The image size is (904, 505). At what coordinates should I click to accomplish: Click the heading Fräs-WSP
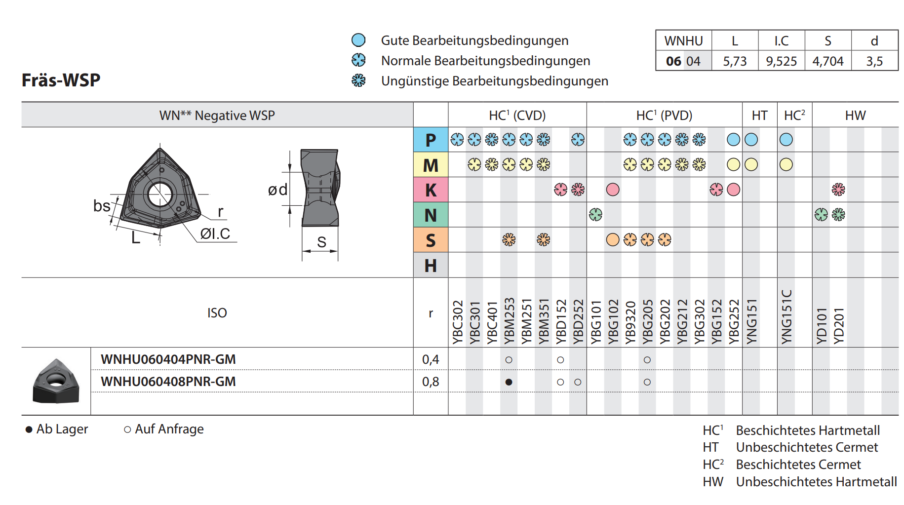click(61, 80)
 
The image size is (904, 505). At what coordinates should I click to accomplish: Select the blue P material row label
click(431, 140)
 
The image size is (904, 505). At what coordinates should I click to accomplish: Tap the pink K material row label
click(431, 190)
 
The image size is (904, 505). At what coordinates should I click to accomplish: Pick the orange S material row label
click(431, 240)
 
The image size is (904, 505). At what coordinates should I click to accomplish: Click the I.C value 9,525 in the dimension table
click(781, 61)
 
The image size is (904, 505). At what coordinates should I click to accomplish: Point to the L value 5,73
click(735, 61)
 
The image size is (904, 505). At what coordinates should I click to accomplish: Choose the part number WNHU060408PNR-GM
click(168, 382)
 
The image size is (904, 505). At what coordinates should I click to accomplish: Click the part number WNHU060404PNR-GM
click(168, 359)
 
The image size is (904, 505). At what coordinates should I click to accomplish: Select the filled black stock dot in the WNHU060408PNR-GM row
click(509, 382)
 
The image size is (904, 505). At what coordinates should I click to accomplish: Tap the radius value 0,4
click(431, 359)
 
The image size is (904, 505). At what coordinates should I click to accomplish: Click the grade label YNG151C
click(786, 316)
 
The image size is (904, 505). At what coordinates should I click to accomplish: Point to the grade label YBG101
click(596, 322)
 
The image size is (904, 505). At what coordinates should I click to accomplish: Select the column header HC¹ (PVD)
click(664, 116)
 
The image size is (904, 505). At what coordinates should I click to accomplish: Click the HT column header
click(759, 116)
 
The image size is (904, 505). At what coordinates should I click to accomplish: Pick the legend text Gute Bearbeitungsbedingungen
click(474, 40)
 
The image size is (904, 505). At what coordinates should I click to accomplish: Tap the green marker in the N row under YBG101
click(595, 215)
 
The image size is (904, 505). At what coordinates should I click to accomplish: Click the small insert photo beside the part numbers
click(56, 381)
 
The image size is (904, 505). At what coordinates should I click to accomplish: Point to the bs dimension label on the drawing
click(102, 205)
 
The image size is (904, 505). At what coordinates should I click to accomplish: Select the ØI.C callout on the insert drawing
click(215, 233)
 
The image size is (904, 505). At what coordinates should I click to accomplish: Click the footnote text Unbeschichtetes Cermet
click(807, 447)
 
